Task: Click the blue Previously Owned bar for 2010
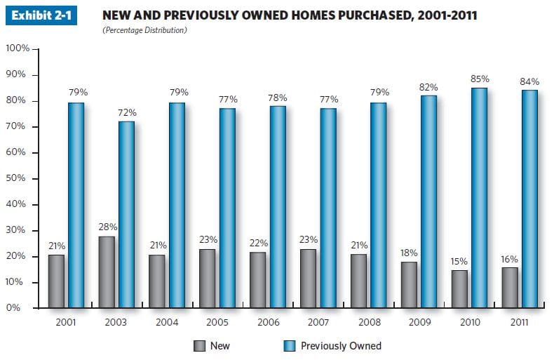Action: (479, 198)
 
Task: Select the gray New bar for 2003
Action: (107, 272)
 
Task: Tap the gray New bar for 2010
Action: (460, 289)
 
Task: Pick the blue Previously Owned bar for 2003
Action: (126, 215)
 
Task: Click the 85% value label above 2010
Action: (479, 79)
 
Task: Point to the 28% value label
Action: (107, 227)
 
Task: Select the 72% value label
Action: (127, 112)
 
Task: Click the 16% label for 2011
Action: (510, 259)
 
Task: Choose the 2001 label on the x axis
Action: (66, 323)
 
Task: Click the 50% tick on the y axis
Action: (20, 179)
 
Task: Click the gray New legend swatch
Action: (199, 345)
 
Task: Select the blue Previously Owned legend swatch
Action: (289, 345)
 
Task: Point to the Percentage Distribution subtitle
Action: (144, 31)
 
